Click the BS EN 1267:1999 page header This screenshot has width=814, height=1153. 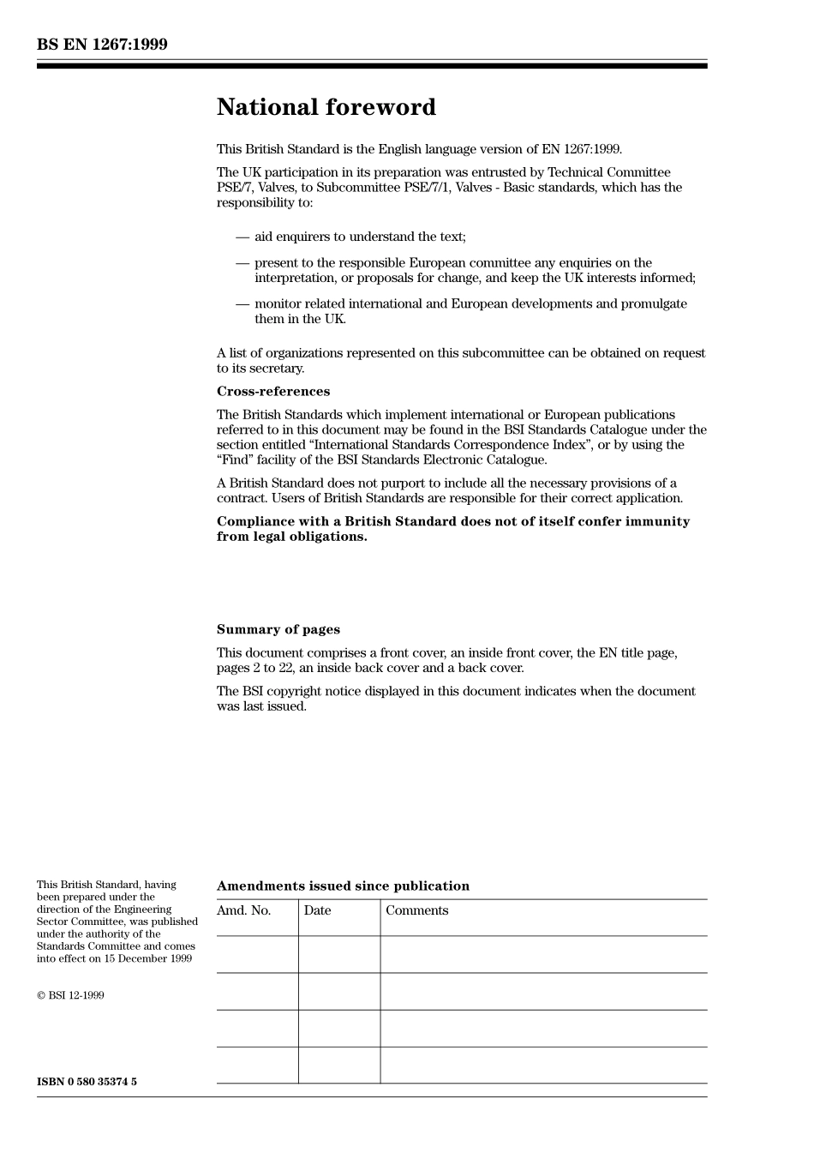102,45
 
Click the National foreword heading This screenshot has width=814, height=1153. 326,107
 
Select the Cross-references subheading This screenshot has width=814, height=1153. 272,392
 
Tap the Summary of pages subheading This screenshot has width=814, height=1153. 278,629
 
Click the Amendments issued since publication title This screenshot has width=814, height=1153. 343,886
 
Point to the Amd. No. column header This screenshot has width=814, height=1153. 243,910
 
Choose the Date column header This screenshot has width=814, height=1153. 317,910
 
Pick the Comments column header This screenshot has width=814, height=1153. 416,910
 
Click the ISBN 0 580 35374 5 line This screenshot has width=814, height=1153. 87,1082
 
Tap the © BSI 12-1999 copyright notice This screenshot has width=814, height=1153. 70,995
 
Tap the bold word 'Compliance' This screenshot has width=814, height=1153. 254,521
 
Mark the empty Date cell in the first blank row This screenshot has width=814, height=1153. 339,954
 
